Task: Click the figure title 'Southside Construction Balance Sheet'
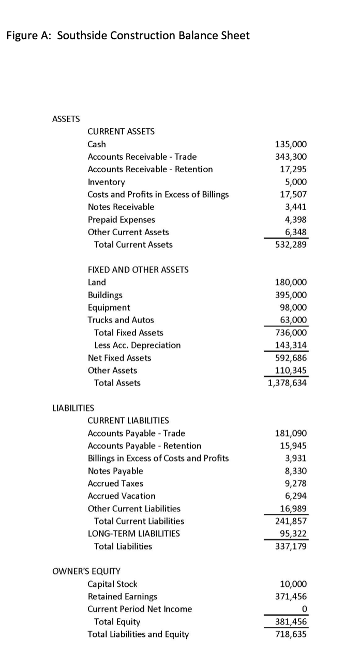tap(153, 36)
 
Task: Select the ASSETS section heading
tap(66, 119)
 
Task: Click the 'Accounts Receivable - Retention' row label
tap(150, 169)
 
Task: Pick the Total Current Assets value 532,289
tap(292, 245)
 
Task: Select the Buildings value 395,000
tap(292, 295)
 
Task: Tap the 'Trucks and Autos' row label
tap(121, 320)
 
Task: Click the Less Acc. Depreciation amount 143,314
tap(292, 345)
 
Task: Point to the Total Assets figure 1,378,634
tap(288, 383)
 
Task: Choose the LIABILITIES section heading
tap(73, 408)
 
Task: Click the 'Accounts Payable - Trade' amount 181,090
tap(292, 433)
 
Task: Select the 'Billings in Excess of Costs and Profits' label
tap(158, 458)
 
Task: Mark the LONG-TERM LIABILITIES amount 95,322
tap(294, 533)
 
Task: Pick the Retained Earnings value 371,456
tap(292, 597)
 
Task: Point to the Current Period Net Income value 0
tap(304, 609)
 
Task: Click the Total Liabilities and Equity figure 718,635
tap(292, 634)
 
